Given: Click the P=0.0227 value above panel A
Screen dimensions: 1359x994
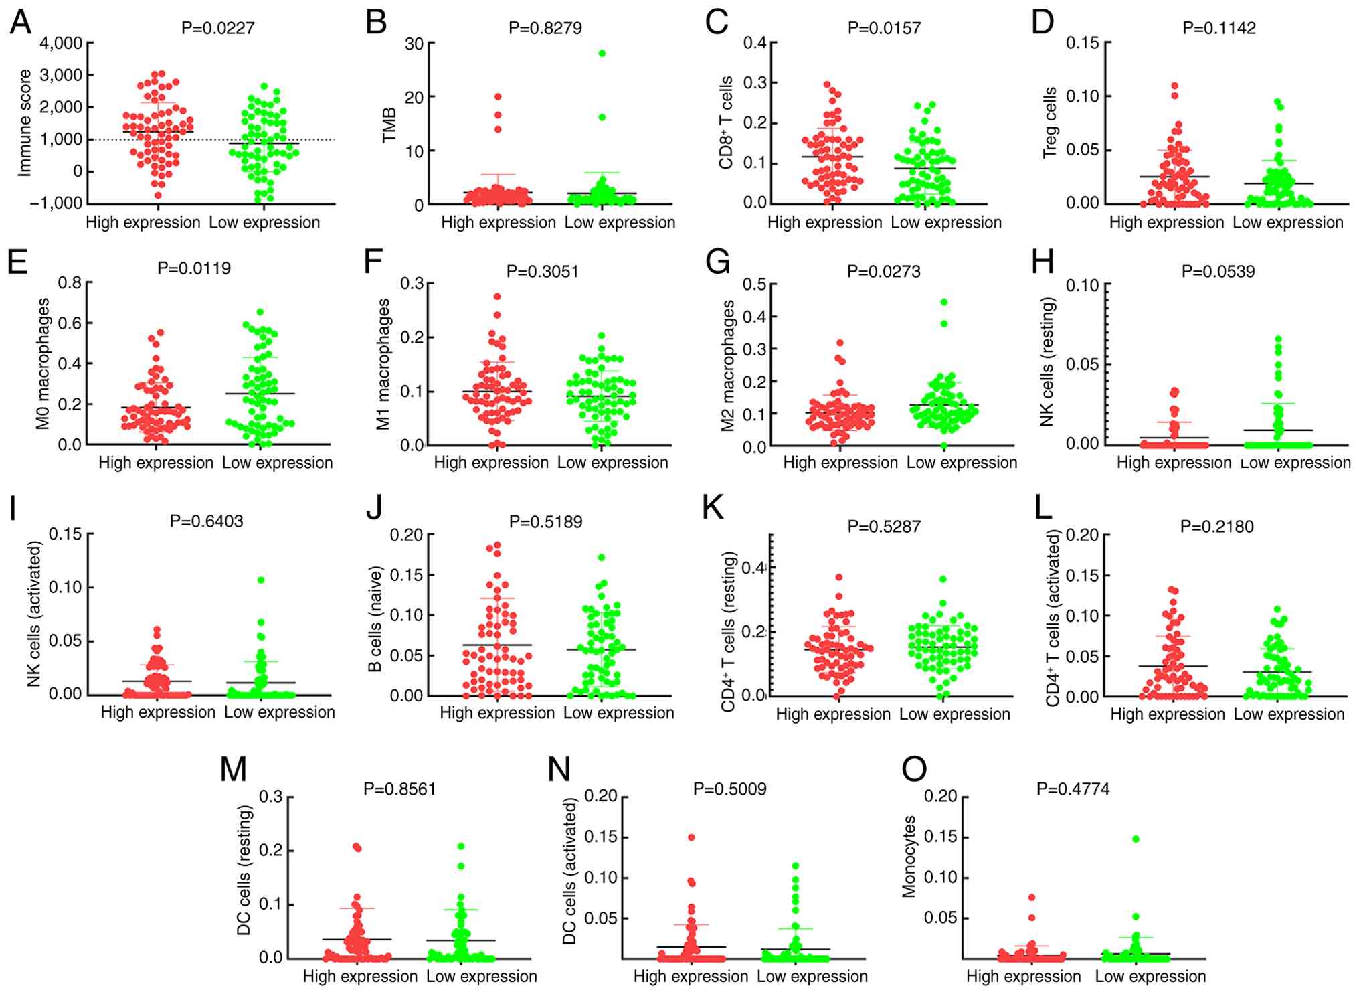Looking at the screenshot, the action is click(218, 28).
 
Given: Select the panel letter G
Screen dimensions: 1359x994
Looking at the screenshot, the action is click(718, 262).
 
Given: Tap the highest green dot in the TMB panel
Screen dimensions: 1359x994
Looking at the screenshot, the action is click(602, 54).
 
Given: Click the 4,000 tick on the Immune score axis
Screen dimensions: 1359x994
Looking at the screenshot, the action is click(61, 44).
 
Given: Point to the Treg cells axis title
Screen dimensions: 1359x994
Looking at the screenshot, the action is click(1049, 123).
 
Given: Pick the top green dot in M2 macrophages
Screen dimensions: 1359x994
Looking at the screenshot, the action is click(944, 302).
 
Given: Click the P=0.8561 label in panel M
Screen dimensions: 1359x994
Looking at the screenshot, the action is click(399, 789).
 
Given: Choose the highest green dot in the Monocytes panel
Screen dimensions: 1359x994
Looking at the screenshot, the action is click(1136, 839).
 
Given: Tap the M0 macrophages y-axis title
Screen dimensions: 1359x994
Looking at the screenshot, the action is click(43, 363).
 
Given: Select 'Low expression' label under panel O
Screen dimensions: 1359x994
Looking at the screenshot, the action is click(1151, 977).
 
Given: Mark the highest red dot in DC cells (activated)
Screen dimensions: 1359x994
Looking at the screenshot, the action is click(691, 837).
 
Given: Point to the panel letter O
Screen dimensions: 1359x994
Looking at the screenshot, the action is click(914, 770).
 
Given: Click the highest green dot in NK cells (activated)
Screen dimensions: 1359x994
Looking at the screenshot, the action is click(261, 580).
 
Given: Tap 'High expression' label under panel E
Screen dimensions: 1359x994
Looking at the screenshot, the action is click(156, 463).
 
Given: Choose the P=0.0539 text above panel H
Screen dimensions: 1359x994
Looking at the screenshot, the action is click(1218, 272).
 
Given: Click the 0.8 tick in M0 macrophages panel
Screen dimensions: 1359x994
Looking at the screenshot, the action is click(70, 283).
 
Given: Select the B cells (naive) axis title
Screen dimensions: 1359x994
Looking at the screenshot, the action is click(375, 619).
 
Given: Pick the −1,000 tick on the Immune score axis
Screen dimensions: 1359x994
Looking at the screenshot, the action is click(56, 203).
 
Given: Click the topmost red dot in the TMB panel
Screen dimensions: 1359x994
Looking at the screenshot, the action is click(498, 97).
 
